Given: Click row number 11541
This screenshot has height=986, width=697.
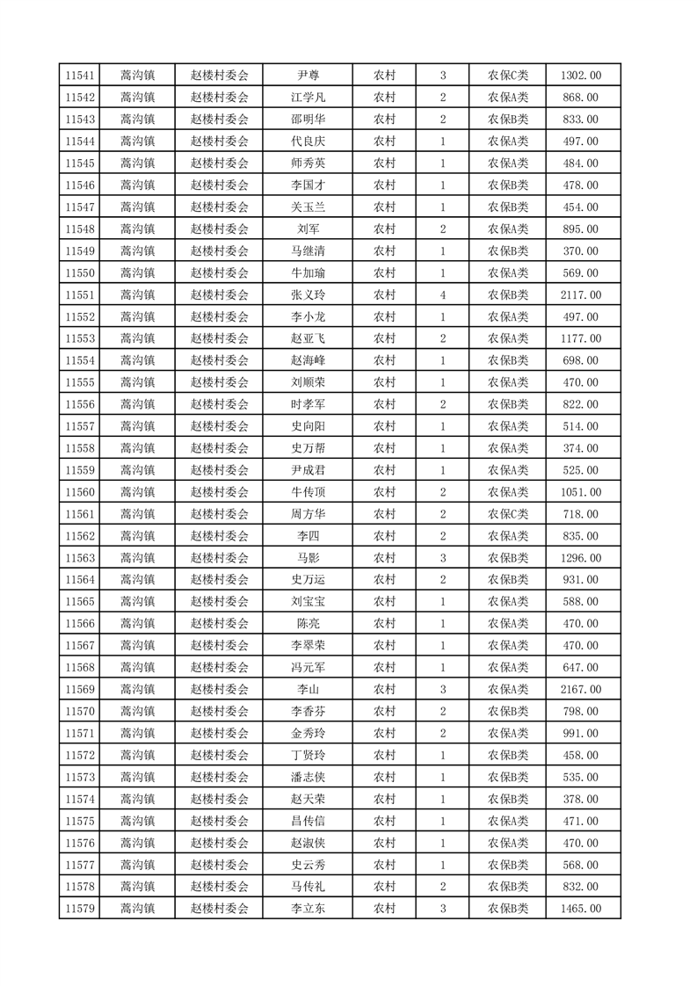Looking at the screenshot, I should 80,76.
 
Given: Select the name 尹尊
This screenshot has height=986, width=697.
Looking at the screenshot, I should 308,76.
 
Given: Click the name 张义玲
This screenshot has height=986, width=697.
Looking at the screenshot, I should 308,295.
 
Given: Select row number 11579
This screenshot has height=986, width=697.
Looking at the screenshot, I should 80,909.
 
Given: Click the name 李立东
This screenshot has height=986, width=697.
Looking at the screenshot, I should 308,909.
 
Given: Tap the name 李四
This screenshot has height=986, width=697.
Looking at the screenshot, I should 308,536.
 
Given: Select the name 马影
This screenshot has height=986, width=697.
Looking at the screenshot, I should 308,558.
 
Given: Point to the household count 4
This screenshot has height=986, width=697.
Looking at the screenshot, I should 442,295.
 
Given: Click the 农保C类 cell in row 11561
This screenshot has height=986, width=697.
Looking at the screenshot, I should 508,514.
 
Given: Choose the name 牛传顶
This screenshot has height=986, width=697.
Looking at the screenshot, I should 308,492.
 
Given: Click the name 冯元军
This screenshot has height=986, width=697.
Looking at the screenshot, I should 308,668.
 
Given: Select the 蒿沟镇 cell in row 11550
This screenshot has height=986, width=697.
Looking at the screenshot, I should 137,273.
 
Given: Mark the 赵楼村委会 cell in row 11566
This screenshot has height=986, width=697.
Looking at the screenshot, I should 220,624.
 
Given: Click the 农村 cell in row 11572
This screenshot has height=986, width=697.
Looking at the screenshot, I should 384,756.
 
